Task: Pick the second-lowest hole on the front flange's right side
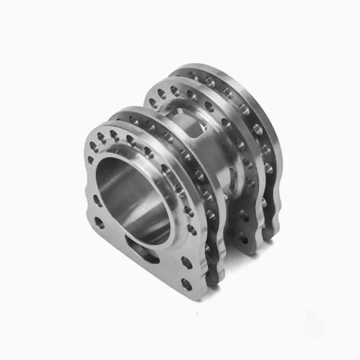(186, 262)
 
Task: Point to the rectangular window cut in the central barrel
(191, 126)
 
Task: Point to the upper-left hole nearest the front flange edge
(94, 145)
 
